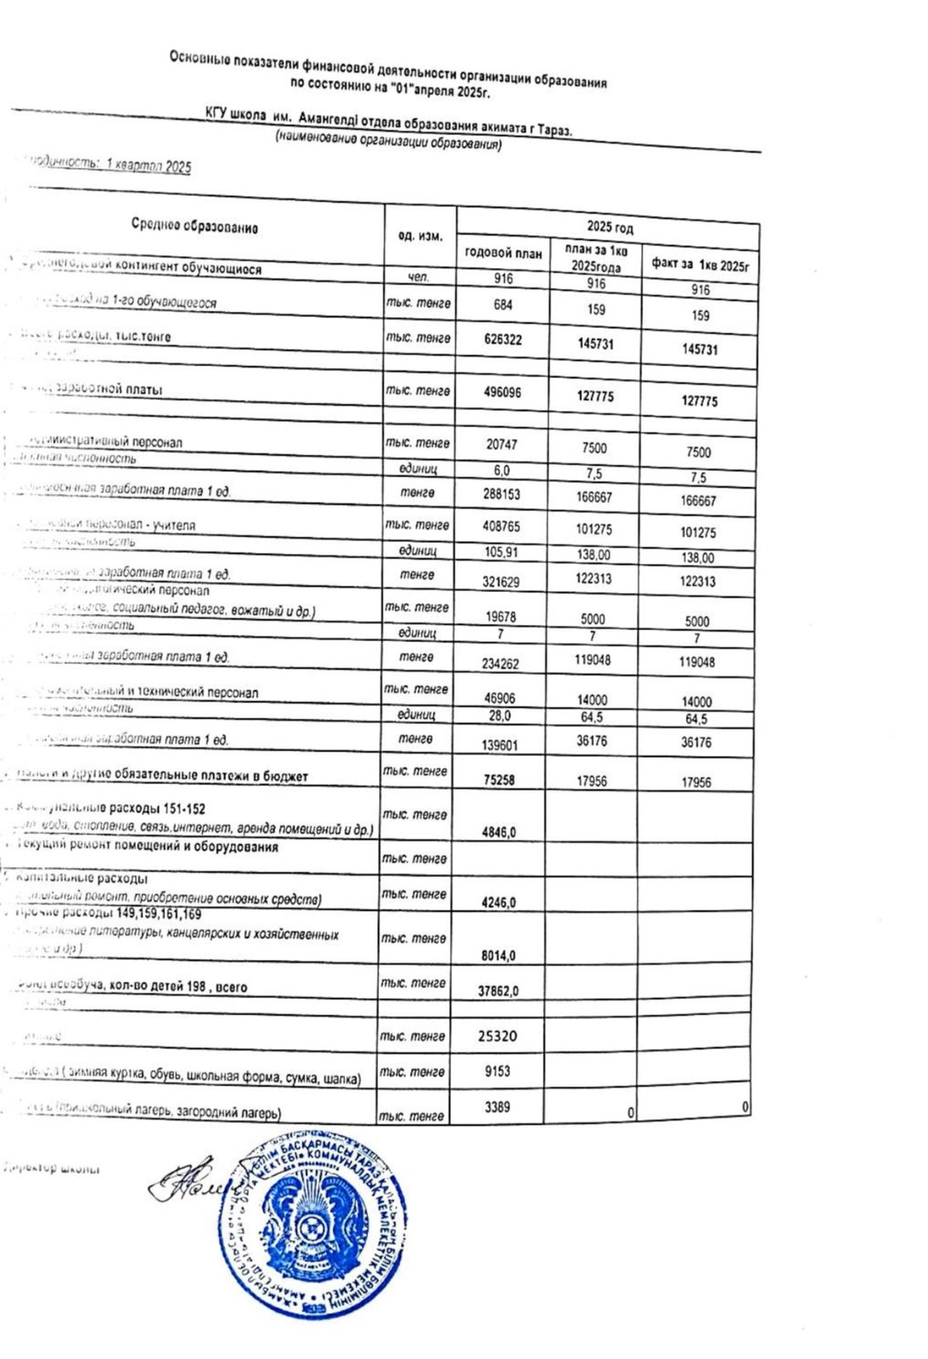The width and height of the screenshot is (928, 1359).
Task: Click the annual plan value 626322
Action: [502, 340]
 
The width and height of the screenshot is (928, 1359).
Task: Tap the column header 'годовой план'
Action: [503, 253]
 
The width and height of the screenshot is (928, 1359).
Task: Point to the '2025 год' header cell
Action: [609, 228]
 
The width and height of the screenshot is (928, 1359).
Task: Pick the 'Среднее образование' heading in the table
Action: [195, 227]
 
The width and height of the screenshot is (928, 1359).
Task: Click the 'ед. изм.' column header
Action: [421, 235]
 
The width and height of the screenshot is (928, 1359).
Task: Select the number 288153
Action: [501, 493]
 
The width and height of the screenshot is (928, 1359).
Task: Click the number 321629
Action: [501, 582]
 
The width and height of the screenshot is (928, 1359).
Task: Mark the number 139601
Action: [500, 745]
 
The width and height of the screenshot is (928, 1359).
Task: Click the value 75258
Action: [499, 780]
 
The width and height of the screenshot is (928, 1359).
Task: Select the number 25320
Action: [498, 1036]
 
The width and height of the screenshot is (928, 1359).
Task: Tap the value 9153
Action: [497, 1072]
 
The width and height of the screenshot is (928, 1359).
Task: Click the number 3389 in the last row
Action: [497, 1108]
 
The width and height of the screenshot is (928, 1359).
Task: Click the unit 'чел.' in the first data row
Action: [420, 277]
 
